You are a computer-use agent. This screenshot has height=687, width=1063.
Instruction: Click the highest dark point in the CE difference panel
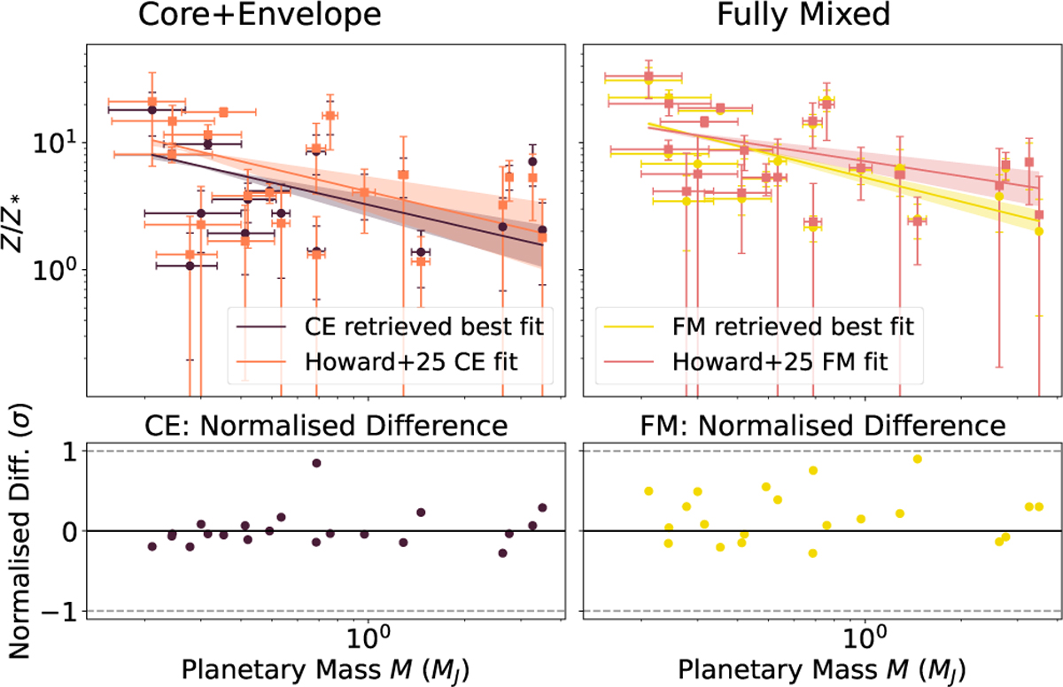coord(316,463)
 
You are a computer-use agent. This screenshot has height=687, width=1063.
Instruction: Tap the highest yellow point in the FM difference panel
coord(918,459)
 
